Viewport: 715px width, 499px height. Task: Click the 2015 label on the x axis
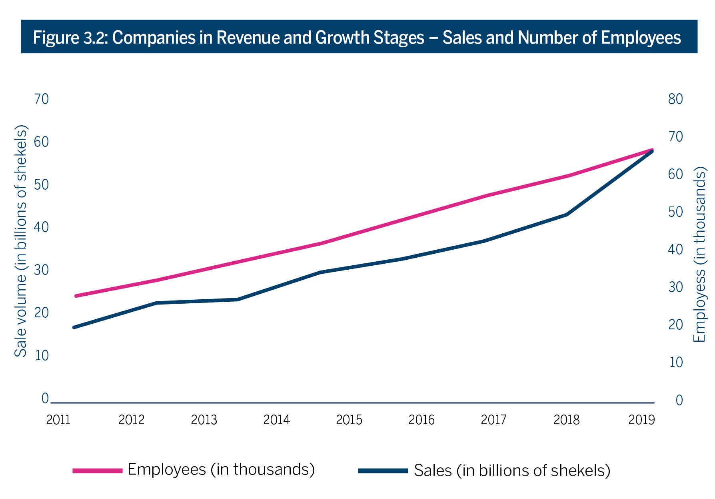tap(349, 420)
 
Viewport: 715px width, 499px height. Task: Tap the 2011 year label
tap(58, 420)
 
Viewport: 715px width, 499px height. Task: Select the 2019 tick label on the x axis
tap(641, 420)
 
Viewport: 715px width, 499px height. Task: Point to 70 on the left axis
tap(41, 99)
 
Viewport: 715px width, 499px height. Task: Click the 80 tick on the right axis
tap(675, 99)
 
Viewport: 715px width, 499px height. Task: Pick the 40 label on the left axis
tap(41, 227)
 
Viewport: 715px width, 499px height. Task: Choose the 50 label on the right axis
tap(675, 212)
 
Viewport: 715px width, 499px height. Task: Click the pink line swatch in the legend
tap(97, 471)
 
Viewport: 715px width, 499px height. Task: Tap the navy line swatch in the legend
tap(383, 471)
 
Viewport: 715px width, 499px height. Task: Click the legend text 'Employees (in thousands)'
tap(221, 469)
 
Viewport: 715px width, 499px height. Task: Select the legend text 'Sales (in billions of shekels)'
tap(512, 471)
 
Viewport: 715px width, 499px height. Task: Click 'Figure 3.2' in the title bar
tap(70, 38)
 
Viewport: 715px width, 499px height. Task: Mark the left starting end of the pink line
tap(76, 296)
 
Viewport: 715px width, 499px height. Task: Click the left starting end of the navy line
tap(74, 327)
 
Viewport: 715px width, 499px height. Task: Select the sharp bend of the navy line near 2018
tap(567, 214)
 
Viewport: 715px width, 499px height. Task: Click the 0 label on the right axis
tap(679, 400)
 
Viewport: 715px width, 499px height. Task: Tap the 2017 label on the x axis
tap(493, 420)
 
